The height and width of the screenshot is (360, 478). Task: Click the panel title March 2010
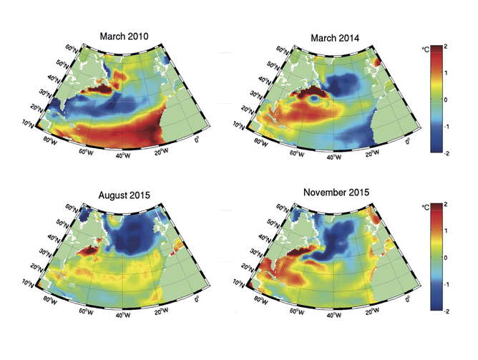(x=124, y=37)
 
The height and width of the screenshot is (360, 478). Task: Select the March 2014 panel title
(x=335, y=38)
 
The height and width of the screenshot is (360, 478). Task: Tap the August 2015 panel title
(x=124, y=195)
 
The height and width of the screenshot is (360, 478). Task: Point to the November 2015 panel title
(x=336, y=193)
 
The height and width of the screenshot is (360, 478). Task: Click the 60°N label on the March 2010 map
(x=72, y=49)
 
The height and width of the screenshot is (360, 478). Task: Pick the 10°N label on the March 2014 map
(x=238, y=125)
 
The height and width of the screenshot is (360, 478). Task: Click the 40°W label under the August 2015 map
(x=123, y=314)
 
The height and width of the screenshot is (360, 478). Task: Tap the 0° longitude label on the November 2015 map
(x=408, y=300)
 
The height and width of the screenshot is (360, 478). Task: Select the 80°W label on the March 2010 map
(x=49, y=141)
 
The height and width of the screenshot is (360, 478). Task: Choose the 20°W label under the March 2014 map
(x=372, y=153)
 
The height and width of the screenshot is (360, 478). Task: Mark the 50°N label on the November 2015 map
(x=274, y=223)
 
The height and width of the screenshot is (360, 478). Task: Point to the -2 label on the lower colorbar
(x=446, y=311)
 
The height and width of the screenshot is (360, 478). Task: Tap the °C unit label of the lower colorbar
(x=426, y=208)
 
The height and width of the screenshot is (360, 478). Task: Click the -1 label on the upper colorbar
(x=446, y=127)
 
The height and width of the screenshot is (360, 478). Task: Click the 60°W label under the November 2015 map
(x=297, y=311)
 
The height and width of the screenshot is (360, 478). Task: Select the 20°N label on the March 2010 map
(x=36, y=108)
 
